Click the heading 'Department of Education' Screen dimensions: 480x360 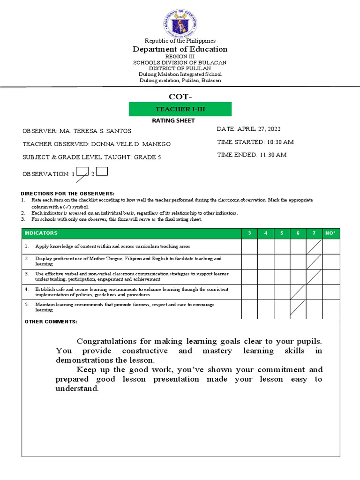click(x=180, y=49)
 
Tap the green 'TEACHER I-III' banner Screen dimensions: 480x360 click(x=180, y=109)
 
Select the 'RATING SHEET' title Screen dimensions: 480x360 click(x=180, y=120)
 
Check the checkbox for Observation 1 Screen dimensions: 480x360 click(x=82, y=172)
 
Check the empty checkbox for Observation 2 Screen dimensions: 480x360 click(x=102, y=172)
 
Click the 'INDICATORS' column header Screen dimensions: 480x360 click(x=41, y=233)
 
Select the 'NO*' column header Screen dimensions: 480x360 click(x=331, y=233)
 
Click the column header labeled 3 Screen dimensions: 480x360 click(x=249, y=233)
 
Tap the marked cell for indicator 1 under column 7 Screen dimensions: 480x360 click(x=315, y=247)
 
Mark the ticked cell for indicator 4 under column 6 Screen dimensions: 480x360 click(x=298, y=292)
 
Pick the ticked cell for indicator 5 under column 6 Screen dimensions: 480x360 click(x=298, y=308)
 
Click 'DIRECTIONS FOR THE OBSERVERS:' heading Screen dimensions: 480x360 click(x=67, y=194)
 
